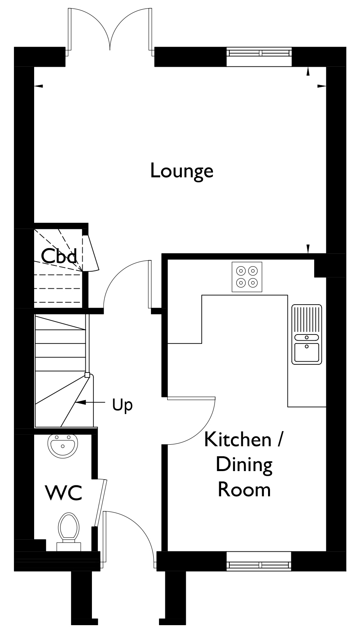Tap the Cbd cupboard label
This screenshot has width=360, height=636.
(59, 256)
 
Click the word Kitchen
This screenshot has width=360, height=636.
(238, 439)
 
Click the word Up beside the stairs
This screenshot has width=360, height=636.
(122, 406)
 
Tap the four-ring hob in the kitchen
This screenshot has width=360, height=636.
(247, 277)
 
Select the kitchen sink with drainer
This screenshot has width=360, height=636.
(306, 334)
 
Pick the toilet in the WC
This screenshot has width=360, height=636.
(69, 532)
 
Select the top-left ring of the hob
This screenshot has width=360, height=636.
(241, 271)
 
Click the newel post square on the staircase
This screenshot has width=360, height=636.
(87, 375)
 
